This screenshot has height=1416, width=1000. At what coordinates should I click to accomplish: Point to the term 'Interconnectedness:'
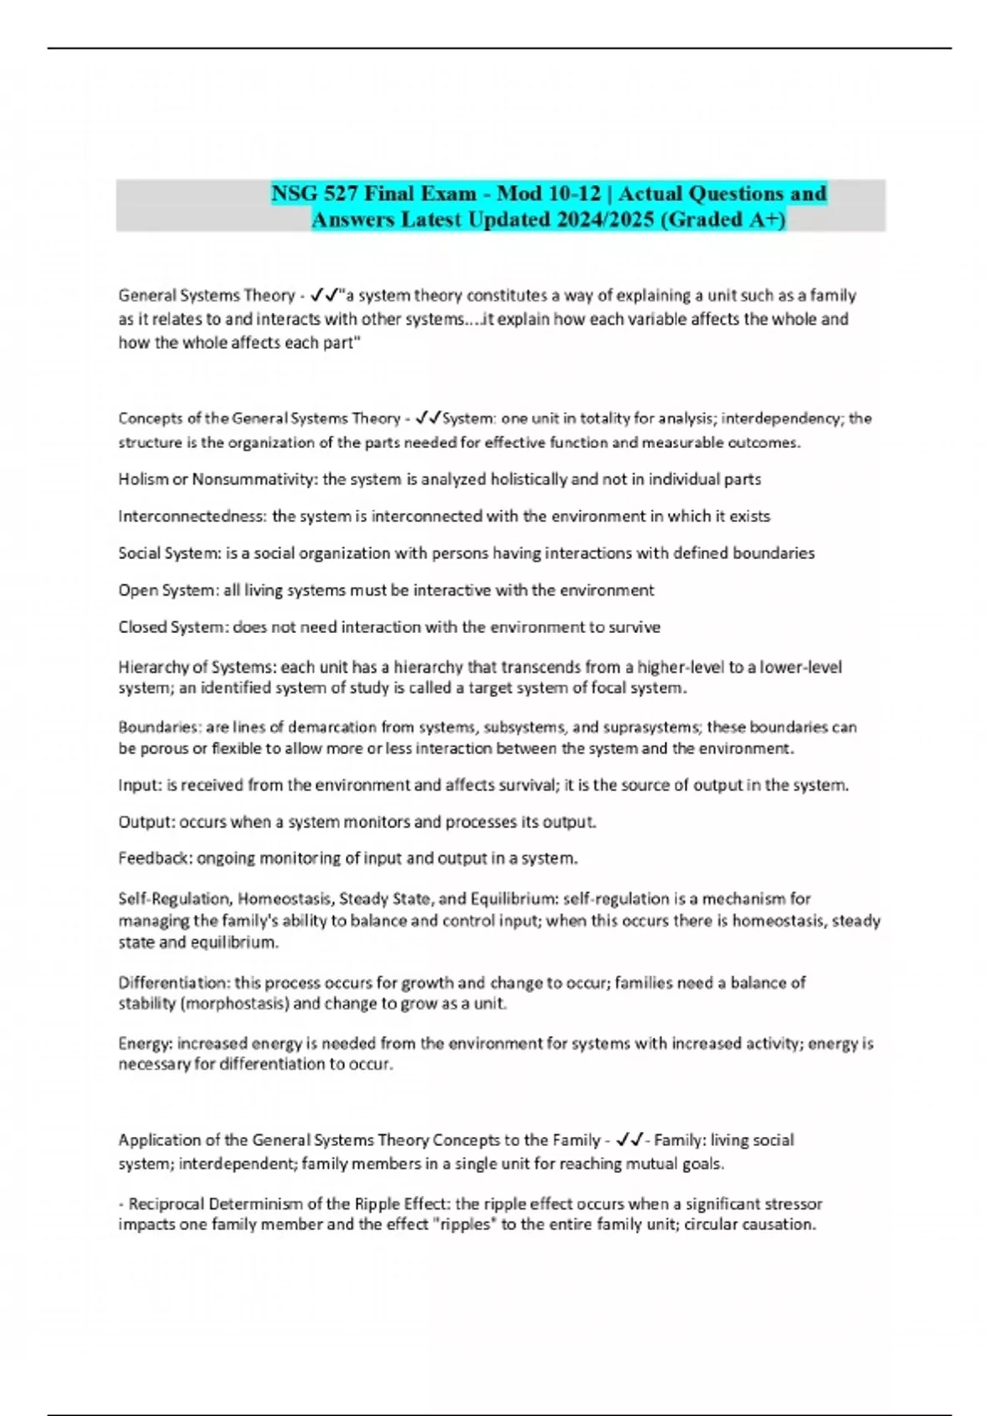click(x=192, y=516)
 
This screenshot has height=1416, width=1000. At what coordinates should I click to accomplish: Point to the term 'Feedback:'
click(x=155, y=858)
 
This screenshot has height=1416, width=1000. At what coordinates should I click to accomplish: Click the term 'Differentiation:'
click(x=174, y=983)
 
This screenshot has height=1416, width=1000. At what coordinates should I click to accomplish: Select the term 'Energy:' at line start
click(x=145, y=1043)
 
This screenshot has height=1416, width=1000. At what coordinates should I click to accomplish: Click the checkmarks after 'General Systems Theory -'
click(x=323, y=295)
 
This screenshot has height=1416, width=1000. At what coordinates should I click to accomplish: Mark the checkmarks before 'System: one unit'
click(x=428, y=418)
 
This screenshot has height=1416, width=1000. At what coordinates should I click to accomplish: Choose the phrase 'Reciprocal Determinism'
click(x=214, y=1204)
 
